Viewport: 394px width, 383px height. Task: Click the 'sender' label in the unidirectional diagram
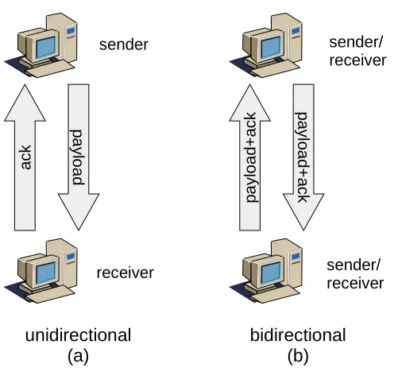(x=124, y=44)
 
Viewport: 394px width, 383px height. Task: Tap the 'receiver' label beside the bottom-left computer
(x=125, y=273)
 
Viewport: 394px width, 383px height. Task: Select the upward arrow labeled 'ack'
(x=25, y=157)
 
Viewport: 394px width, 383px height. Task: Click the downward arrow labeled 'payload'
(x=79, y=157)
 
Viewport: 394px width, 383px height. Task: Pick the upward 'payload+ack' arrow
(x=250, y=157)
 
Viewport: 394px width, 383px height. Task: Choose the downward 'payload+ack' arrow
(x=303, y=157)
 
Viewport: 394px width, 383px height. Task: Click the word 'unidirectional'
(x=78, y=335)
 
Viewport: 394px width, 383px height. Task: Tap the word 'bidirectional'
(x=298, y=335)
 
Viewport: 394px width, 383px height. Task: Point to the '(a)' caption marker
(x=78, y=356)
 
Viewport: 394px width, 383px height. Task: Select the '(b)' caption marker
(x=298, y=356)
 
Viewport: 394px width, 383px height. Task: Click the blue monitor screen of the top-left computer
(x=46, y=47)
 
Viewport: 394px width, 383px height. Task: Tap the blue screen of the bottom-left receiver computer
(x=46, y=273)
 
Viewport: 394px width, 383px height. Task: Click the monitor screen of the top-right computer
(x=271, y=47)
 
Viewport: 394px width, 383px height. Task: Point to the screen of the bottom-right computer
(x=271, y=273)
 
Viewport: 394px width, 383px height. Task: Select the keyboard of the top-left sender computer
(x=50, y=69)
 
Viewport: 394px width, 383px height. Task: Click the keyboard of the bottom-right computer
(x=276, y=295)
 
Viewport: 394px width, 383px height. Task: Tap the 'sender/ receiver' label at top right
(x=357, y=52)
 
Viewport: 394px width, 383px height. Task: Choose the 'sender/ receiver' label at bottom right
(x=355, y=274)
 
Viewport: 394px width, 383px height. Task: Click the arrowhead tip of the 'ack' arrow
(x=25, y=85)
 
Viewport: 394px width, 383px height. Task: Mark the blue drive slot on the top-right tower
(x=295, y=31)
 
